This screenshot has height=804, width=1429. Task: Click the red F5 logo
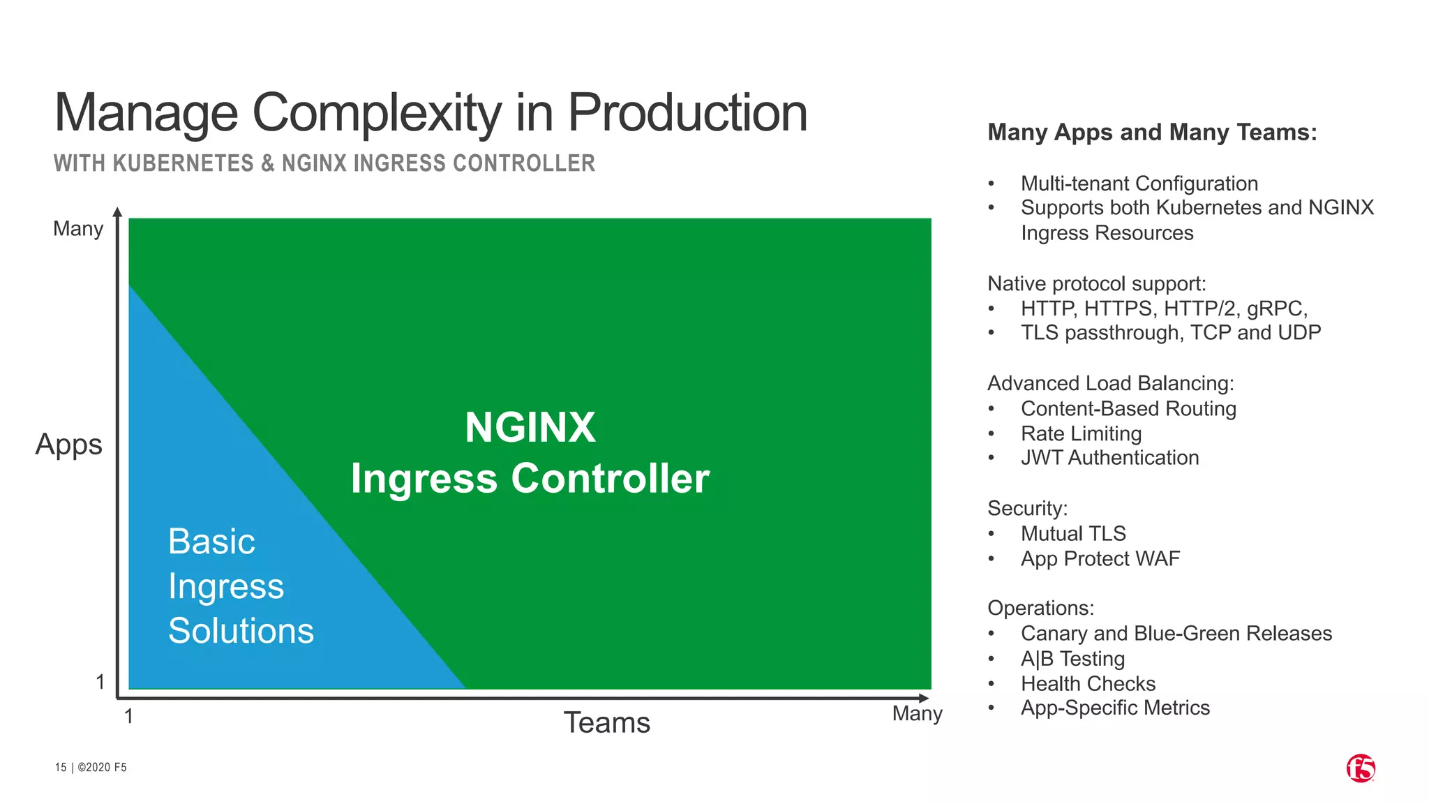tap(1360, 768)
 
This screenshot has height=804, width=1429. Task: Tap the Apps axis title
tap(68, 445)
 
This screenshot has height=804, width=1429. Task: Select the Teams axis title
tap(606, 722)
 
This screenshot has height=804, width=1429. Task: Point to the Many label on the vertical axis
tap(78, 229)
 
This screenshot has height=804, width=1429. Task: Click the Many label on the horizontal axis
tap(917, 713)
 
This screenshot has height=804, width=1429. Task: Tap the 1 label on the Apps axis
tap(100, 682)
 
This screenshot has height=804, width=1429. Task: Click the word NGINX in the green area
tap(530, 427)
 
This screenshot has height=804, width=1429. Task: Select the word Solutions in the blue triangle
tap(241, 631)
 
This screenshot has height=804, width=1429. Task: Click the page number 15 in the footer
tap(61, 768)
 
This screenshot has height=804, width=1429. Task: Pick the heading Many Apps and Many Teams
tap(1152, 133)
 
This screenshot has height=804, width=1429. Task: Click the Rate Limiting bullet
tap(1081, 433)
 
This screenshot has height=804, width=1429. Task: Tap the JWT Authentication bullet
tap(1109, 458)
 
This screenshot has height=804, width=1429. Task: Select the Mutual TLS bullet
tap(1073, 534)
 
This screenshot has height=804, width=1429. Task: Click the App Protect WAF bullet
tap(1100, 559)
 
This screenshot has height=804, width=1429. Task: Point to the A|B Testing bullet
tap(1072, 659)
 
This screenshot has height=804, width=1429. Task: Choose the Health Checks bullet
tap(1088, 684)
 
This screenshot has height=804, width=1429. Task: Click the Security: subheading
tap(1027, 508)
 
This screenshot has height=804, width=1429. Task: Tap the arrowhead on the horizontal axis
tap(924, 698)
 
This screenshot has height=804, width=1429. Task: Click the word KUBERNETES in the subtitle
tap(183, 163)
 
